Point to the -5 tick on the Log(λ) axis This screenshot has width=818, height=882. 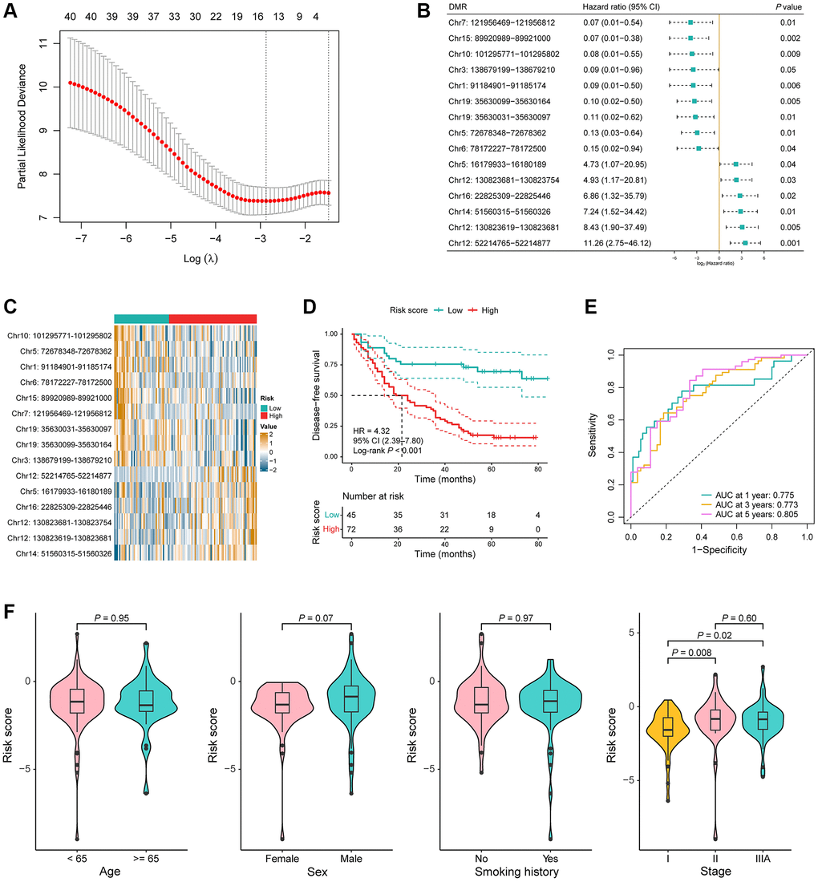point(171,228)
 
